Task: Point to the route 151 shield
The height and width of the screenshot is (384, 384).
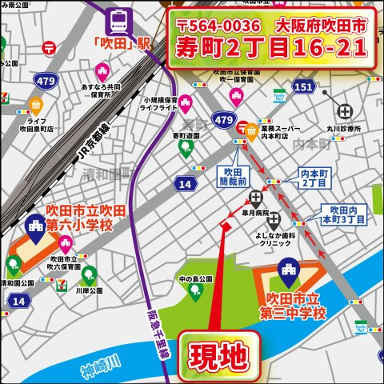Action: click(303, 86)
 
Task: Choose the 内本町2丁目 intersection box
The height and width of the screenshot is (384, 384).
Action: click(314, 178)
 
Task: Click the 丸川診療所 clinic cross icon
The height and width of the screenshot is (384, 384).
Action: click(345, 111)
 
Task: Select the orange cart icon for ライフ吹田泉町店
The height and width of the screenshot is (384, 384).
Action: click(34, 104)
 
